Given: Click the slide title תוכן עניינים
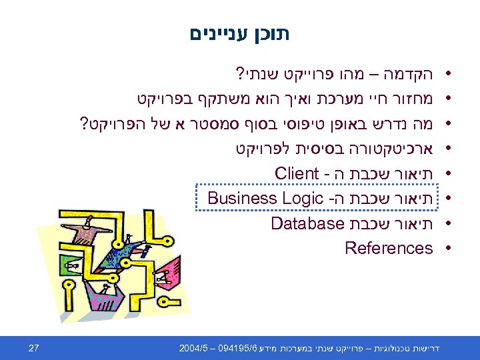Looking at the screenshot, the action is [240, 32].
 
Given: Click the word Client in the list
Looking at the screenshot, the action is [297, 173].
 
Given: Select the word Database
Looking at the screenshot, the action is [307, 223].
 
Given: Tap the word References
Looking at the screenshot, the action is [389, 248].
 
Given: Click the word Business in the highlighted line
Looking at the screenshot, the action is [241, 198].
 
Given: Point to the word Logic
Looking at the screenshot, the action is [301, 198].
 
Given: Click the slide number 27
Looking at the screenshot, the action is [35, 347].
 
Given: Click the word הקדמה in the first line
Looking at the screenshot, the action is [405, 72].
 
